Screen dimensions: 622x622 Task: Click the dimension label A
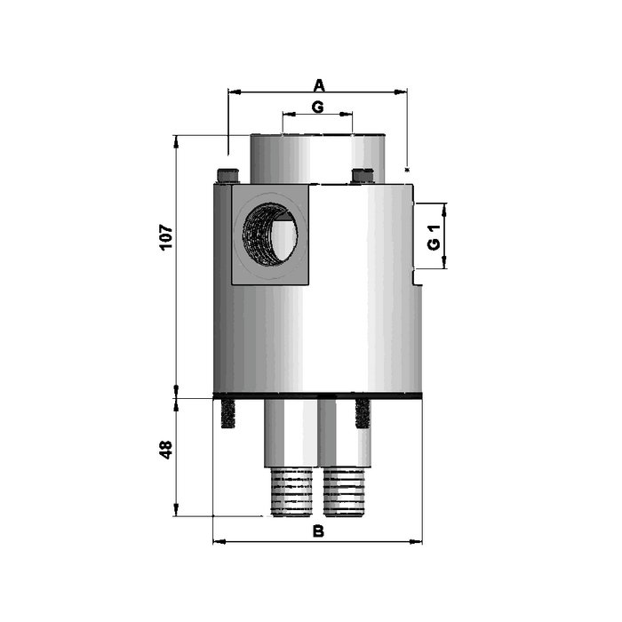(x=319, y=85)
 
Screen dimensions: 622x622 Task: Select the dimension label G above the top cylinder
(x=318, y=108)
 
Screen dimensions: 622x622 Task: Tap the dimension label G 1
(x=435, y=237)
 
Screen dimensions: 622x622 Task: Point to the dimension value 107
(x=166, y=237)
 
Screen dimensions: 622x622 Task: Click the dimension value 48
(x=166, y=450)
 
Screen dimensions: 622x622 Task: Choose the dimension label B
(x=318, y=531)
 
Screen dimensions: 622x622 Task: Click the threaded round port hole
(x=270, y=234)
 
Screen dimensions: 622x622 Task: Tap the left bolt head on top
(x=228, y=176)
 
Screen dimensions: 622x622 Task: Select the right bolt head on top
(x=363, y=176)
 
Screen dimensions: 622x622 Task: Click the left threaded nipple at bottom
(x=292, y=492)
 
